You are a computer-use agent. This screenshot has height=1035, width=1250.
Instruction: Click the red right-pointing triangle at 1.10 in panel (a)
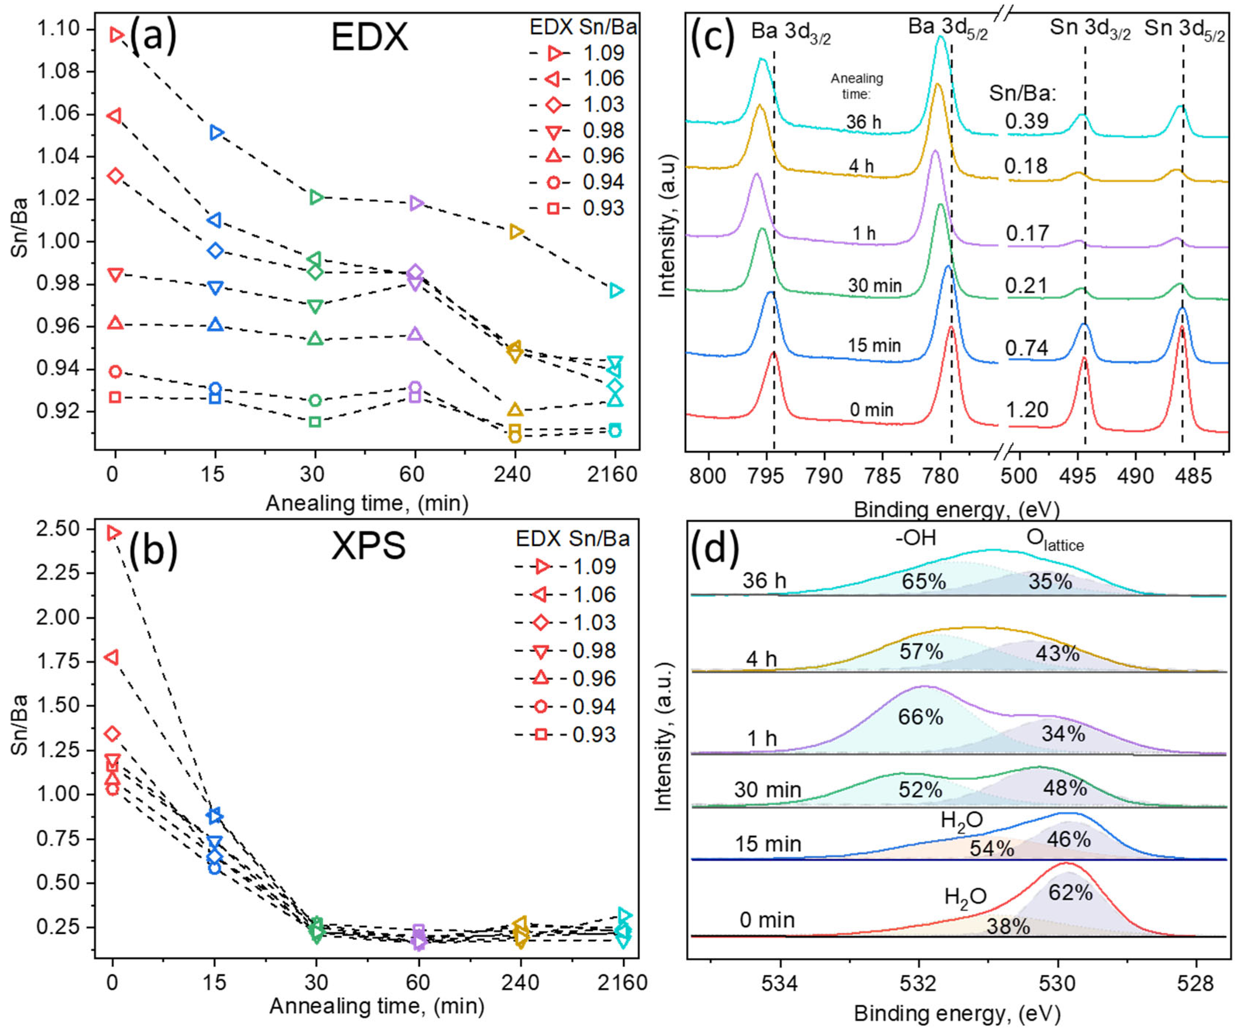click(x=117, y=35)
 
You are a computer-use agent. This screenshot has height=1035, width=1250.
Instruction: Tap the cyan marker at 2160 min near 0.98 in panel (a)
click(x=616, y=290)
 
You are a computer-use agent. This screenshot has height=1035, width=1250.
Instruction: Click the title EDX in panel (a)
click(x=369, y=38)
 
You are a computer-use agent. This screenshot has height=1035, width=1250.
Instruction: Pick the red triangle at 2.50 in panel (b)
click(x=114, y=533)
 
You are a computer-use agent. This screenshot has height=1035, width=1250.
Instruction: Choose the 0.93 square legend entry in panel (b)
click(x=566, y=735)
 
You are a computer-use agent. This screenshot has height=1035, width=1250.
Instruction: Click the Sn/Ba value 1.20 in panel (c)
click(x=1027, y=410)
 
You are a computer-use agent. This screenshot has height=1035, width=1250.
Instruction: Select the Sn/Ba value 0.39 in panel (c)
click(x=1027, y=121)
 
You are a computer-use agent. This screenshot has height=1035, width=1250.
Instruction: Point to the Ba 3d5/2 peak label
click(x=947, y=29)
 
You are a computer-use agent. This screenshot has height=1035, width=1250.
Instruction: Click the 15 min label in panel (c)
click(x=874, y=345)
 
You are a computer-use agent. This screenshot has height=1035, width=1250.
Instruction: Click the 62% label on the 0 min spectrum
click(x=1070, y=892)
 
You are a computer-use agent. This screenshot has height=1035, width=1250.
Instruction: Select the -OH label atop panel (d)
click(x=915, y=538)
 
